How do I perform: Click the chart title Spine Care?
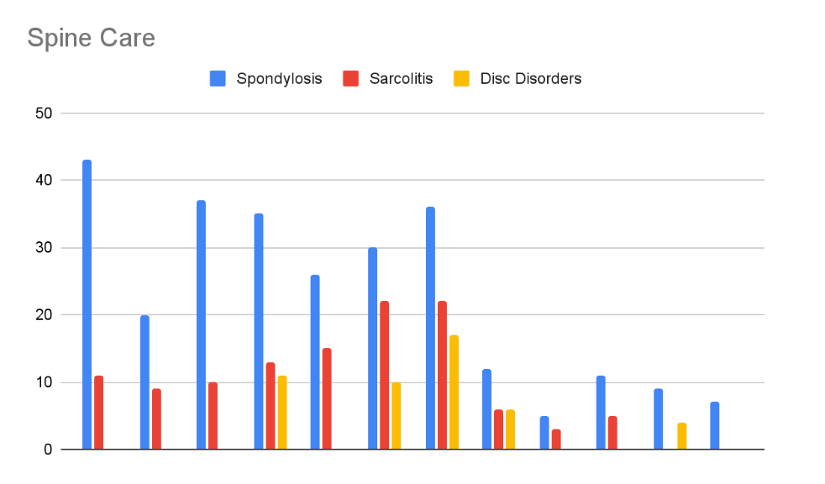click(91, 39)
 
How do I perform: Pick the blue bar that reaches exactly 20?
click(145, 382)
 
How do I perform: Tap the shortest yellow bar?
click(681, 436)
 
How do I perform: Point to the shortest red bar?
click(556, 439)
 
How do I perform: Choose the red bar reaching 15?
click(327, 399)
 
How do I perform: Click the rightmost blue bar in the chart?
click(714, 426)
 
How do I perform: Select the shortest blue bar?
click(544, 433)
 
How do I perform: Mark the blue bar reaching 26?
click(315, 362)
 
